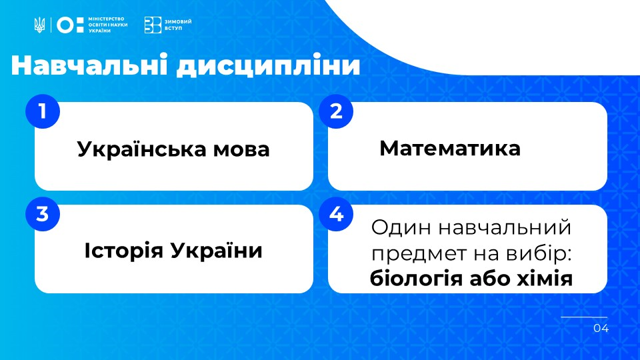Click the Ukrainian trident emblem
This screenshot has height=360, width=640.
tap(39, 25)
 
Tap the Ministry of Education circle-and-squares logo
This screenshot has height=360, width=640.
tap(70, 25)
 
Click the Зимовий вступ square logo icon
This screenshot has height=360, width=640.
tap(153, 25)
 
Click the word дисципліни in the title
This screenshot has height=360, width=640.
tap(268, 66)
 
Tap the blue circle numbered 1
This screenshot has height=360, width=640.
tap(43, 111)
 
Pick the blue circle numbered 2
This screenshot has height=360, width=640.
tap(336, 111)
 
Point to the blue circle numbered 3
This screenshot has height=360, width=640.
tap(43, 214)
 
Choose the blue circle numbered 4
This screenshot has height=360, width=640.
tap(336, 214)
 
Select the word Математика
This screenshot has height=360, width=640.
tap(450, 148)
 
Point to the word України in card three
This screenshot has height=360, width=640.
tap(216, 250)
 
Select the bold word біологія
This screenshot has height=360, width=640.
tap(416, 279)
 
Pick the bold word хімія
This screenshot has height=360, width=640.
tap(545, 279)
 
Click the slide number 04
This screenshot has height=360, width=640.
tap(601, 328)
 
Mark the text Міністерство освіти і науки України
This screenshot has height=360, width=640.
tap(108, 25)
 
